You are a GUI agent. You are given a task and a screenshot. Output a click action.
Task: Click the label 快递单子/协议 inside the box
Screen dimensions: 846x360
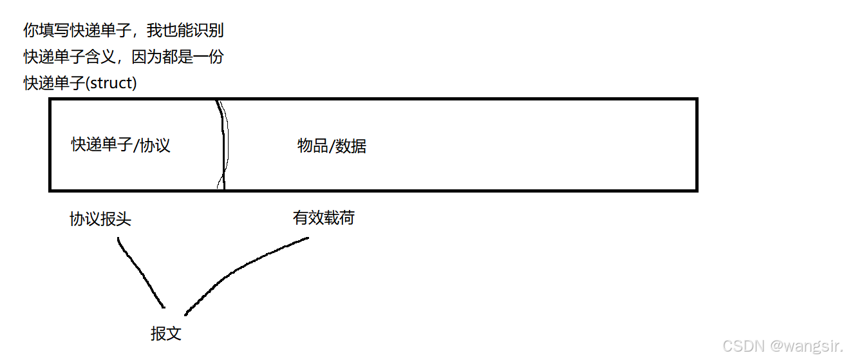(x=120, y=145)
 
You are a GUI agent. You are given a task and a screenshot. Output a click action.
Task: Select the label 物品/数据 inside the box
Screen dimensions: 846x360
(x=332, y=146)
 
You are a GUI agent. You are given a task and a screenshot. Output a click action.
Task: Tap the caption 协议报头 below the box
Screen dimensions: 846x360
(x=100, y=219)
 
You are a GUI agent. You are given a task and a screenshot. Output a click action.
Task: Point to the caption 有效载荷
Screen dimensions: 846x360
(x=323, y=218)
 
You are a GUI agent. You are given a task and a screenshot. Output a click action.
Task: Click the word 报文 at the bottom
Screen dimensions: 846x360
(x=165, y=333)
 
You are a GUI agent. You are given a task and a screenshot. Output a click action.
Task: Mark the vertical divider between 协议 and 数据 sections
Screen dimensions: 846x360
(x=223, y=145)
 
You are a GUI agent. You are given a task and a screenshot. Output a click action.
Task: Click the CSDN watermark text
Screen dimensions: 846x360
(x=742, y=346)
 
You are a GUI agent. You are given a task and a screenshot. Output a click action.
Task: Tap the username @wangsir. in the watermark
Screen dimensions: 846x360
(x=804, y=346)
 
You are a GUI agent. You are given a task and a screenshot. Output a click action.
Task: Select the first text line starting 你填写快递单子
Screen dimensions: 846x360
(x=123, y=30)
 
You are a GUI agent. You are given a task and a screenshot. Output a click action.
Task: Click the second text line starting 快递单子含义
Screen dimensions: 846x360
(x=123, y=57)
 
